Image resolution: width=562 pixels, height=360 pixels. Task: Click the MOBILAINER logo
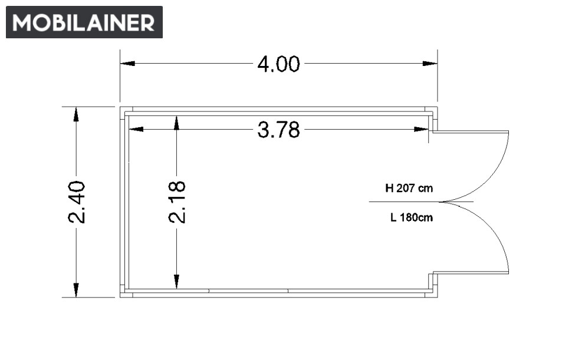[x=84, y=22]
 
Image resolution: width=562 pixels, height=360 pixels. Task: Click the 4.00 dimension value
[x=278, y=64]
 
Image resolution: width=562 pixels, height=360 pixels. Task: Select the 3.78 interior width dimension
[x=278, y=130]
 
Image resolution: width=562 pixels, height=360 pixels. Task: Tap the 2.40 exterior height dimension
[x=77, y=202]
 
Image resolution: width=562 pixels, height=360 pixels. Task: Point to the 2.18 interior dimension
[x=177, y=202]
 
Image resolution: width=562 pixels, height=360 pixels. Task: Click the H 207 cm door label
[x=409, y=188]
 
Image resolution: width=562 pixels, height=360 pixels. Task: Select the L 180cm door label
[x=412, y=217]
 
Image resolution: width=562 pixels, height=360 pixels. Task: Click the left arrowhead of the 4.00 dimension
[x=127, y=64]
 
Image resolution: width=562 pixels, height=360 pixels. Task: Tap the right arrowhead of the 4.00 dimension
[x=430, y=64]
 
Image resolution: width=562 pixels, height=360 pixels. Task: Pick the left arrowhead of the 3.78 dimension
[x=136, y=129]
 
